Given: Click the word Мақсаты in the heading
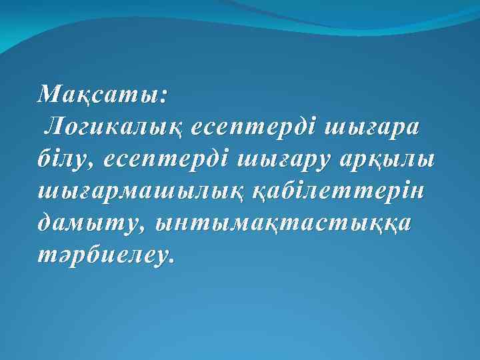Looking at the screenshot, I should coord(97,95).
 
